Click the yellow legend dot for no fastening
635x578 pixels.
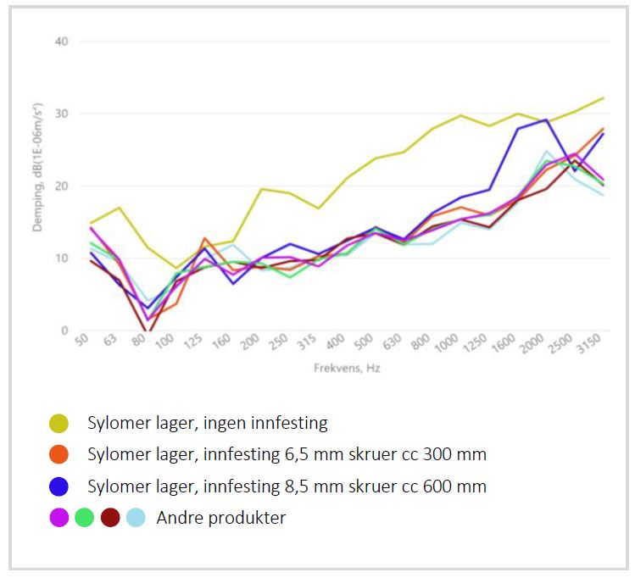click(58, 423)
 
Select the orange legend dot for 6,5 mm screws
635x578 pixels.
click(58, 454)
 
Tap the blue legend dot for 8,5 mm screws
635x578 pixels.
click(58, 486)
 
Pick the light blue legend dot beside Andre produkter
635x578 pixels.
click(136, 517)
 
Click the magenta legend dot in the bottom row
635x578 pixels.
click(58, 517)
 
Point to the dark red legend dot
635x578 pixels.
click(110, 517)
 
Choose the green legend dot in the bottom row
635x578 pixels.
click(84, 517)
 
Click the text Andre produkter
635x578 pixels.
click(220, 518)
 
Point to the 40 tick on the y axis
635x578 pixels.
click(62, 41)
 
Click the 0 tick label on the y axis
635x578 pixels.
click(65, 331)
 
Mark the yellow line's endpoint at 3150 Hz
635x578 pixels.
click(604, 97)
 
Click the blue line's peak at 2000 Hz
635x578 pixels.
click(547, 119)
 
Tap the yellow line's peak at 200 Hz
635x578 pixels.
click(261, 189)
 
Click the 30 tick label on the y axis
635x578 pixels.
click(62, 114)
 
